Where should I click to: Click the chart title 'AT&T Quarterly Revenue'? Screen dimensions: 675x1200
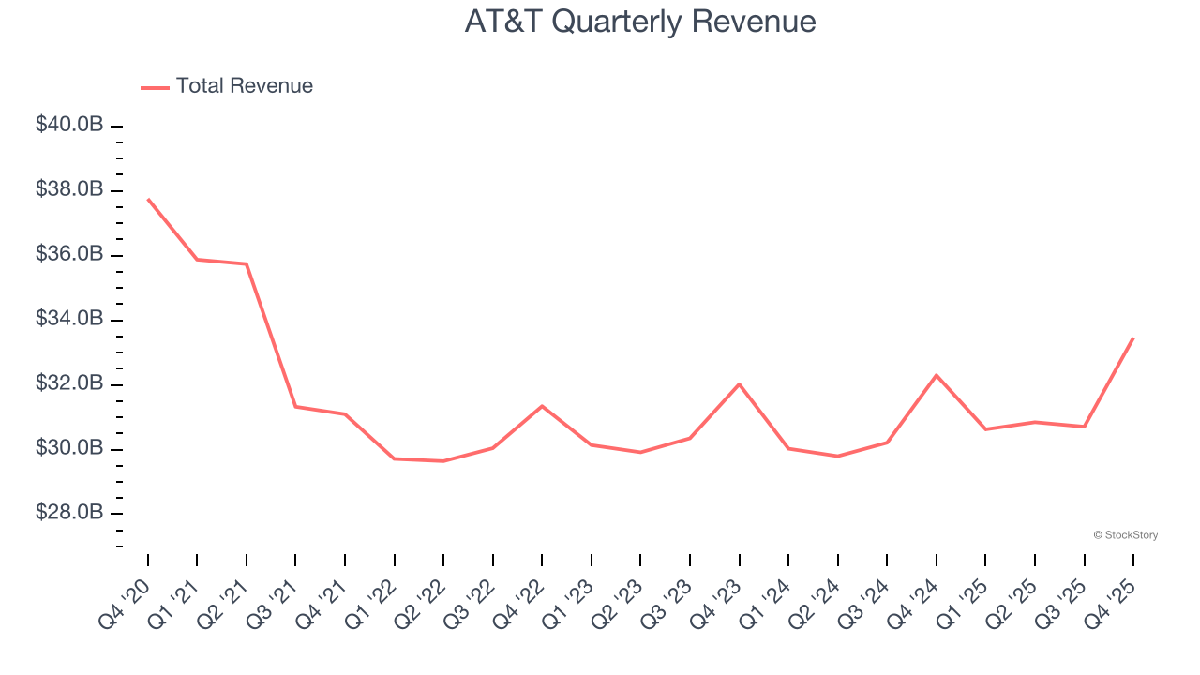click(640, 22)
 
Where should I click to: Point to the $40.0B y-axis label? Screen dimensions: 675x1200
click(69, 126)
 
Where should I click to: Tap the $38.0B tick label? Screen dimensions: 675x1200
click(69, 190)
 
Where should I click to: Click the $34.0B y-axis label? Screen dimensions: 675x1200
click(69, 320)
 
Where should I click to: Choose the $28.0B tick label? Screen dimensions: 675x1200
click(69, 514)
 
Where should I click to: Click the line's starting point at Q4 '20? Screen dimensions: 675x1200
click(148, 199)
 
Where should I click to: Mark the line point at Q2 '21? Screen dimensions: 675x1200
click(247, 264)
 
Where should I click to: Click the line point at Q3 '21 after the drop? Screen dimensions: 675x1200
click(295, 406)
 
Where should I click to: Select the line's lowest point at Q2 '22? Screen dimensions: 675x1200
click(443, 461)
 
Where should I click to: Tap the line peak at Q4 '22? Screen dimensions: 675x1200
click(542, 406)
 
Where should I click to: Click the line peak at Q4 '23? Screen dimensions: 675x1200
click(740, 383)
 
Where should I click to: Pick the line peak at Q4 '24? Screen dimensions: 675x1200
click(937, 375)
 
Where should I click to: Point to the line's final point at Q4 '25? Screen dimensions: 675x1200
click(1133, 337)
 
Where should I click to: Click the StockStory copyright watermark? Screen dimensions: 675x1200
click(1125, 535)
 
